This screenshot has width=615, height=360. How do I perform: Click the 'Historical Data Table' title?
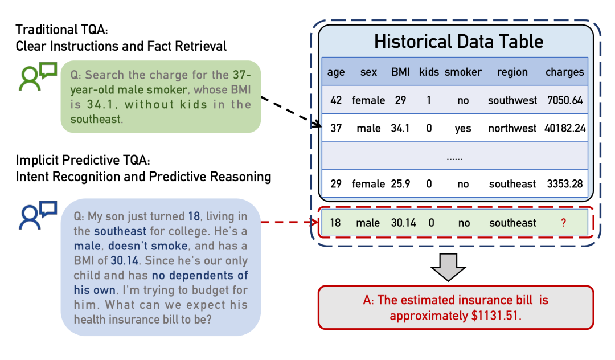[x=458, y=42]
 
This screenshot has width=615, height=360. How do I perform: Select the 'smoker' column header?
[x=463, y=72]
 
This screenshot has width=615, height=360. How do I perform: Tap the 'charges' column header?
[x=565, y=72]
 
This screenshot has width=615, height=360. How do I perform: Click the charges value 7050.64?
[x=565, y=100]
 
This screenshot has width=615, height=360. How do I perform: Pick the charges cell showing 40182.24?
[x=565, y=128]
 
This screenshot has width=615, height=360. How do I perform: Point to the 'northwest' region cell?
[x=512, y=128]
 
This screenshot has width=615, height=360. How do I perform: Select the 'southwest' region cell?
[x=512, y=100]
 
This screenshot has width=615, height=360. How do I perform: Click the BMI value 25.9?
[x=400, y=184]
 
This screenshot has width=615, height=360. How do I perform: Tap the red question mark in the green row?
[x=564, y=223]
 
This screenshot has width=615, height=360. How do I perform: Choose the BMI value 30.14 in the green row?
[x=404, y=223]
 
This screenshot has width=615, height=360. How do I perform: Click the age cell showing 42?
[x=336, y=100]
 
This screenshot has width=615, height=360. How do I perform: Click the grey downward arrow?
[x=448, y=267]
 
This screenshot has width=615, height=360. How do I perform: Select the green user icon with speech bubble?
[x=38, y=76]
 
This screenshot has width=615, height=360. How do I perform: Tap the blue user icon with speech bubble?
[x=38, y=215]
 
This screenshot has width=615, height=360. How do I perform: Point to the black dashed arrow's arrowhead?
[x=316, y=124]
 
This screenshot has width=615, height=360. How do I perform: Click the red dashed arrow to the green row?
[x=290, y=222]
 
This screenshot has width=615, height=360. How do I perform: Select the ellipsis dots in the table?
[x=454, y=158]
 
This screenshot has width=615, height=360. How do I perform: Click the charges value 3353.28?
[x=565, y=184]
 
